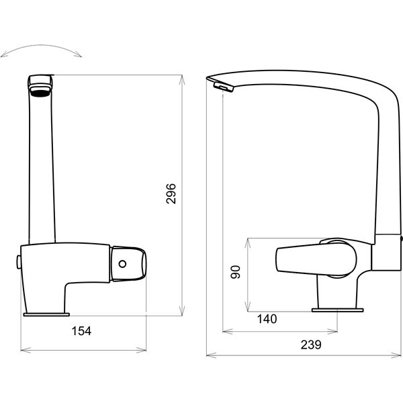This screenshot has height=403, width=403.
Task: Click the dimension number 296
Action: pos(171,194)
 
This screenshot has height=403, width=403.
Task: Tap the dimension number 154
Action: pos(81,331)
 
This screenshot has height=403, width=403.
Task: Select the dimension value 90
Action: pos(236,272)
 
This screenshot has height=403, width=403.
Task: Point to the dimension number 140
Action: pos(267,319)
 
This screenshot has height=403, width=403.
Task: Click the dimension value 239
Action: pos(311,345)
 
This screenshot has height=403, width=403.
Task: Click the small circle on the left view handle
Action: pos(122,264)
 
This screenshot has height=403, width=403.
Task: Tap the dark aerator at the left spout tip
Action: pos(40,93)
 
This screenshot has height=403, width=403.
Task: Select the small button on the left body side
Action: pos(19,262)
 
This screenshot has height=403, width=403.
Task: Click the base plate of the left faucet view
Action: pos(46,314)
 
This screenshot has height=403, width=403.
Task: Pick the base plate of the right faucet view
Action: pos(337,310)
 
